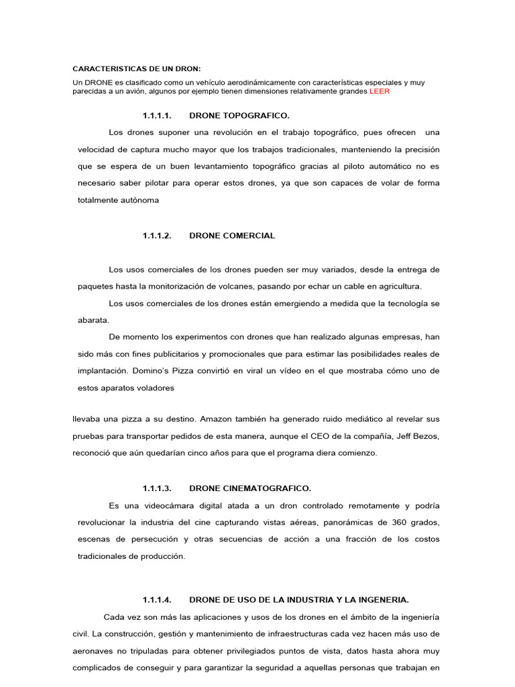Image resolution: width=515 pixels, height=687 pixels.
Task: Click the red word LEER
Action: coord(379,91)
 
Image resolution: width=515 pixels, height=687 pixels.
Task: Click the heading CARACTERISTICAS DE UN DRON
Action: coord(137,69)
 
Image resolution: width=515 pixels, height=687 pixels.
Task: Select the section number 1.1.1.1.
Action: coord(158,115)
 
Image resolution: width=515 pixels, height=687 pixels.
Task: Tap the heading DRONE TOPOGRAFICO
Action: coord(239,115)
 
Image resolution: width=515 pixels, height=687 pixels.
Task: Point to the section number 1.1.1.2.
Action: coord(158,235)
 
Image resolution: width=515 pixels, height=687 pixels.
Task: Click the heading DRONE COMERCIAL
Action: coord(232,235)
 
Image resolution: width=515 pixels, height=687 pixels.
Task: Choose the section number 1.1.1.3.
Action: coord(158,488)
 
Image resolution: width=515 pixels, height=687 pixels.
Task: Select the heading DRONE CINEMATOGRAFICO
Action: coord(250,488)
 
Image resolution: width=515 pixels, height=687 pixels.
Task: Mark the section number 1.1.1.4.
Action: coord(158,599)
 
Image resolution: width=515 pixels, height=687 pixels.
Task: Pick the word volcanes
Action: coord(227,286)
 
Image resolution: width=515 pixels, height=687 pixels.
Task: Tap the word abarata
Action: coord(93,320)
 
